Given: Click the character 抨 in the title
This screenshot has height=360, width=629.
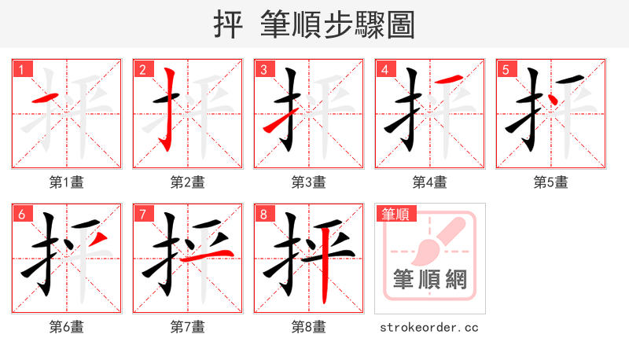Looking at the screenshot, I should pyautogui.click(x=228, y=24).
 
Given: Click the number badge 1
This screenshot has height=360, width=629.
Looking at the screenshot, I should pyautogui.click(x=21, y=70).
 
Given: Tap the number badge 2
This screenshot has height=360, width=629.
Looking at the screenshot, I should pyautogui.click(x=142, y=70).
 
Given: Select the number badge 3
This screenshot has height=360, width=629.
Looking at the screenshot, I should pyautogui.click(x=263, y=70).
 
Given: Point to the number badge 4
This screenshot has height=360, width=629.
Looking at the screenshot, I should pyautogui.click(x=384, y=70).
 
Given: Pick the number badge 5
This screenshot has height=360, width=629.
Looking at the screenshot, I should pyautogui.click(x=506, y=70).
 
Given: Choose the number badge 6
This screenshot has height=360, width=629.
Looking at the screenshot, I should pyautogui.click(x=21, y=214).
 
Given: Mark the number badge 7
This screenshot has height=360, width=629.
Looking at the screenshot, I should pyautogui.click(x=142, y=214).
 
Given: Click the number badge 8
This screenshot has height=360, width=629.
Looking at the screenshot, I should pyautogui.click(x=263, y=214).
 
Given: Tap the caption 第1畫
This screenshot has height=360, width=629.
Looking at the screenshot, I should pyautogui.click(x=66, y=182).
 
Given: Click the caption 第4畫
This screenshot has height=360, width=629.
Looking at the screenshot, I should pyautogui.click(x=429, y=182).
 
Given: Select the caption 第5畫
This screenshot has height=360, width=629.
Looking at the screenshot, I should pyautogui.click(x=550, y=182).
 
